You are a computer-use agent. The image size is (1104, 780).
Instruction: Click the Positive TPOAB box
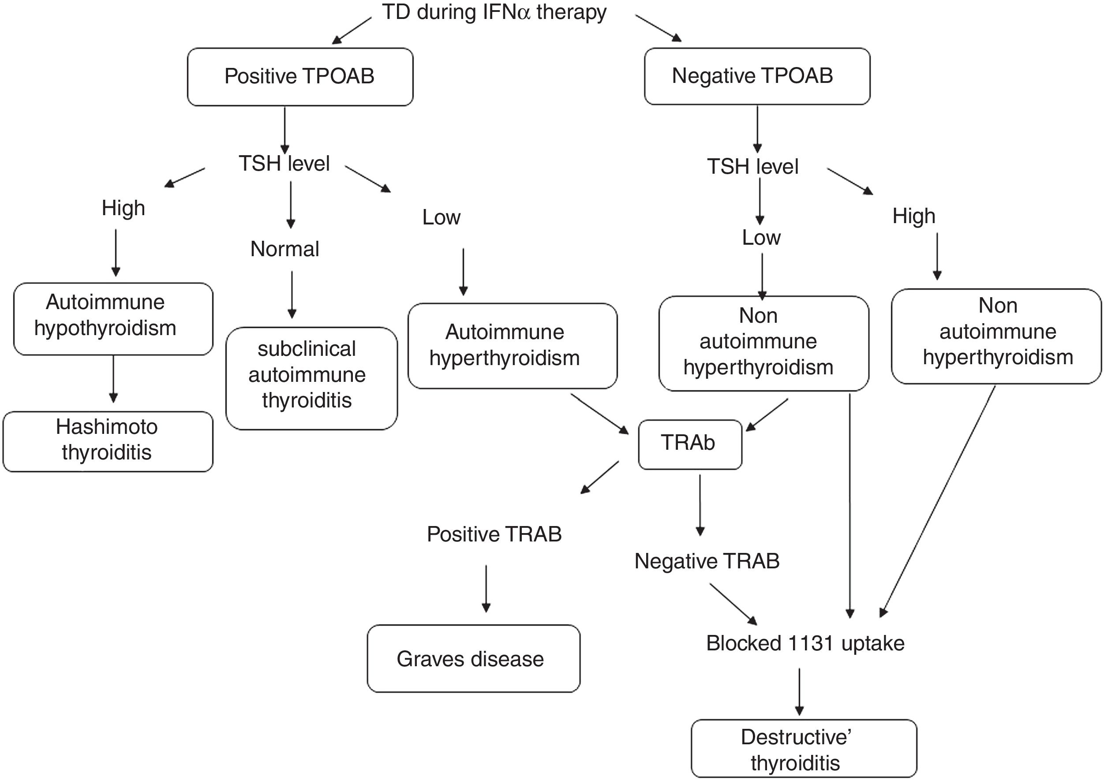point(299,76)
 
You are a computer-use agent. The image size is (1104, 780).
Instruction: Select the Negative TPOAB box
point(757,76)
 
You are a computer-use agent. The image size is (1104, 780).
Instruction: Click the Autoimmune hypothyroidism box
point(113,319)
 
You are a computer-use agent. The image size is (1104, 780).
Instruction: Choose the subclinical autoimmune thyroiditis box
point(311,378)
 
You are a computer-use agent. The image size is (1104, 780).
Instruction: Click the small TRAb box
point(689,444)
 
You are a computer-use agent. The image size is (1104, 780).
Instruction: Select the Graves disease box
point(473,658)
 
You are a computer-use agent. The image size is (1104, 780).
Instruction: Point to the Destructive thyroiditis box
point(804,749)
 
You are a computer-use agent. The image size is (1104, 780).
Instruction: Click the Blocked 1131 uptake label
point(805,643)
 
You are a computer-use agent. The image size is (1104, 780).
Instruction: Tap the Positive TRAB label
point(494,534)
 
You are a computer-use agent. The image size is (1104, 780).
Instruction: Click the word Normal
point(284,249)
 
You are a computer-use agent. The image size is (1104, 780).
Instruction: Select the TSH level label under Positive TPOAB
point(284,164)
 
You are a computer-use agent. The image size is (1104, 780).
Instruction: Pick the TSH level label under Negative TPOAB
point(752,167)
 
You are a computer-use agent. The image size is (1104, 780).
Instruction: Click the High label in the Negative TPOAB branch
point(913,216)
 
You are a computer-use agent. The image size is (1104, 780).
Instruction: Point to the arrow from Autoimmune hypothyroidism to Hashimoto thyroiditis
point(113,379)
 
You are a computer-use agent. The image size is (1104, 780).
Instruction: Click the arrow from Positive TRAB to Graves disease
point(486,588)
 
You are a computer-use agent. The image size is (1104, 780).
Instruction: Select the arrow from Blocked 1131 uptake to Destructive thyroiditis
point(799,691)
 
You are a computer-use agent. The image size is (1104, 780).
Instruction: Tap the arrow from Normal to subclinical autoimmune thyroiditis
point(292,295)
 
